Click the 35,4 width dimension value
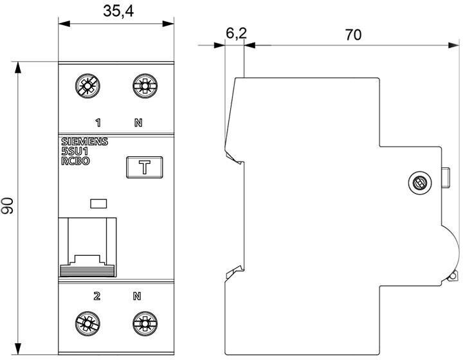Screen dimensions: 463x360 [118, 11]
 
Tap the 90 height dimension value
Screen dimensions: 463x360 [7, 206]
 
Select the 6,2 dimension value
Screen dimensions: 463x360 [236, 33]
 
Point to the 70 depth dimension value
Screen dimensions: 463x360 [353, 35]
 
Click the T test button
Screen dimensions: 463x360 [145, 167]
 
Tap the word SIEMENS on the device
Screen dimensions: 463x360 [84, 141]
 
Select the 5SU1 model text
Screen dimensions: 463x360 [75, 151]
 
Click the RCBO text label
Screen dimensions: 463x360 [75, 161]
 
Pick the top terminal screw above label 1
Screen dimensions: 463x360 [87, 85]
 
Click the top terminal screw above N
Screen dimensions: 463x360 [145, 85]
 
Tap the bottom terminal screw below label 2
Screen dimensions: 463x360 [87, 323]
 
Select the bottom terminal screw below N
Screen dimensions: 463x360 [145, 323]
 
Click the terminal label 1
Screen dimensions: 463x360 [98, 122]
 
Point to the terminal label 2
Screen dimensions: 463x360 [97, 296]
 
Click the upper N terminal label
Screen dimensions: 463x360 [138, 122]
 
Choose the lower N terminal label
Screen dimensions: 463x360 [137, 296]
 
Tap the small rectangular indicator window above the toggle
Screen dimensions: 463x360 [98, 204]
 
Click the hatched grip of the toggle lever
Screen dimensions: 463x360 [87, 271]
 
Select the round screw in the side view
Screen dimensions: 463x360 [419, 184]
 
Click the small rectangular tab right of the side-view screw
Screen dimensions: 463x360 [446, 177]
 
